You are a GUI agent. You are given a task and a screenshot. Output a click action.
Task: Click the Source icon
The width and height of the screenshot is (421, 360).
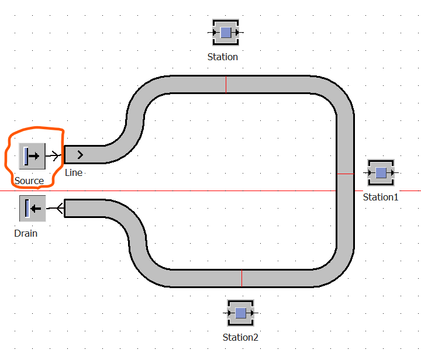click(32, 156)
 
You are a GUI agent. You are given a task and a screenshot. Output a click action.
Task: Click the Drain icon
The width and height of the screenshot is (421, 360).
click(33, 209)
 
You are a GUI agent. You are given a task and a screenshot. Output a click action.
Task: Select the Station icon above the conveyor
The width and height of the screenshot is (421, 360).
click(226, 33)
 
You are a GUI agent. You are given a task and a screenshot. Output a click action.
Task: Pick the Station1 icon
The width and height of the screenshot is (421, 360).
click(381, 173)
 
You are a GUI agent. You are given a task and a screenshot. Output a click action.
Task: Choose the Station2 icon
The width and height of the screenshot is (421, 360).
click(240, 313)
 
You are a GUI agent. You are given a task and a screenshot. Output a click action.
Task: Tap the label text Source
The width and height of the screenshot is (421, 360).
click(29, 181)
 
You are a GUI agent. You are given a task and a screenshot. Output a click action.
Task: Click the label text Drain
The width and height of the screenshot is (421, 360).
click(26, 233)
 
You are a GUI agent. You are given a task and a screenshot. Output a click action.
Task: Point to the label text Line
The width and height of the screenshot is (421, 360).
click(74, 173)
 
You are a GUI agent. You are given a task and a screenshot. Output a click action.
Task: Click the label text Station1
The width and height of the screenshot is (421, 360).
click(381, 197)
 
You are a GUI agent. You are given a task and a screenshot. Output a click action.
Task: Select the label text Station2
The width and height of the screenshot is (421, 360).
click(240, 337)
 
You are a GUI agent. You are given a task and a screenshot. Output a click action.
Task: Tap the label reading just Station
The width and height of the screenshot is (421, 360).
click(223, 57)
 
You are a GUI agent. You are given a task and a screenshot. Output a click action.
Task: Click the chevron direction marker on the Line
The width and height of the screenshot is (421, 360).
click(80, 155)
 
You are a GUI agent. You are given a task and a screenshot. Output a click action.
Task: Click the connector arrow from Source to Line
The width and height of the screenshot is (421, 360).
click(54, 155)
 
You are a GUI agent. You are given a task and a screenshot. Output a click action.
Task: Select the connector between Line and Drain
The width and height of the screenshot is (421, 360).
click(55, 208)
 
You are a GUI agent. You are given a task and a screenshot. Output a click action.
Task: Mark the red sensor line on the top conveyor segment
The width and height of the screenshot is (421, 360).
click(226, 85)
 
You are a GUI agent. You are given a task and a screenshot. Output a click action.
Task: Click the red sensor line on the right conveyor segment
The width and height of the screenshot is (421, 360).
click(346, 174)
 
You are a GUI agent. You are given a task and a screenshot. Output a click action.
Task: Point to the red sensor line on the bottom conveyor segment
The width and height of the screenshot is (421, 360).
click(241, 278)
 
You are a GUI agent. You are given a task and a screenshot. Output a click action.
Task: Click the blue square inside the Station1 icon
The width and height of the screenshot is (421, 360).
click(381, 173)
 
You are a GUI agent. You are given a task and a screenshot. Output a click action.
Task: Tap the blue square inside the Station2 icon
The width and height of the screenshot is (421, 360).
click(240, 313)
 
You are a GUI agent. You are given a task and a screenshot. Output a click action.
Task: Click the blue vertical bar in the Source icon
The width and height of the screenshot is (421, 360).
click(26, 156)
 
